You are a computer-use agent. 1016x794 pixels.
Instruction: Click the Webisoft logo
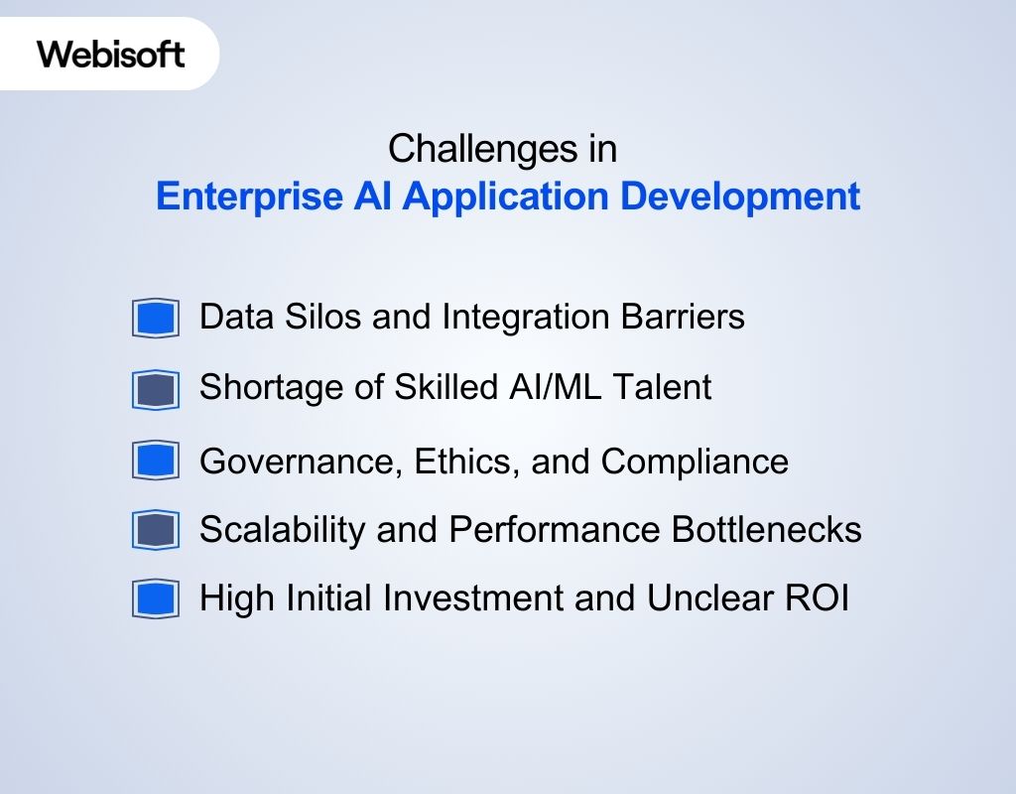tap(111, 54)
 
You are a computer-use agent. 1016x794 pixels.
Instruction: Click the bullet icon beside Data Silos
tap(155, 319)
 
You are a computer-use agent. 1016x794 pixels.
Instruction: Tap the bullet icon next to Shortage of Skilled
tap(155, 389)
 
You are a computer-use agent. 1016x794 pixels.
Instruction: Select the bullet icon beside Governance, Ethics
tap(155, 461)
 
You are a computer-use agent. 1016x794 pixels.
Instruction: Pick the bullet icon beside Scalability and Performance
tap(155, 531)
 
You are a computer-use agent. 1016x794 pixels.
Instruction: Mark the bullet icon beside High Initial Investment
tap(155, 599)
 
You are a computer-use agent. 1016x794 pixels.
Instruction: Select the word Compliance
tap(695, 461)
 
